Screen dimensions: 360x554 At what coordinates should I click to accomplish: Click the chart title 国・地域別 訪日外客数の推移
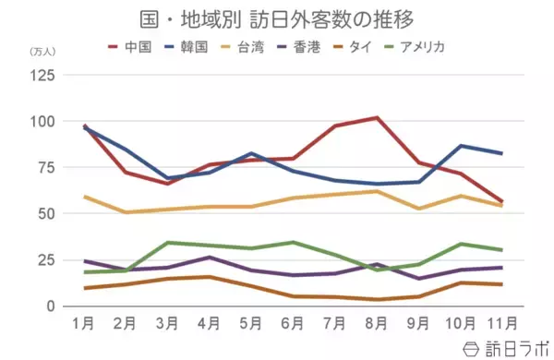click(276, 18)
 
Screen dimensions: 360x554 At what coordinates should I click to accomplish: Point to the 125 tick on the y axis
click(43, 76)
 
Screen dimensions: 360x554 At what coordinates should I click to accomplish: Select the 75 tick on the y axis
click(47, 167)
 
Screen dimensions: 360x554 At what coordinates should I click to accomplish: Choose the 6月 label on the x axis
click(293, 325)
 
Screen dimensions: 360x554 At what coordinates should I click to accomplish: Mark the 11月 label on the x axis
click(500, 325)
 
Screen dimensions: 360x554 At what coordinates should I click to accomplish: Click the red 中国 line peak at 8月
click(376, 118)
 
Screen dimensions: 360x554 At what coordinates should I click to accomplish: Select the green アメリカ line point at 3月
click(168, 243)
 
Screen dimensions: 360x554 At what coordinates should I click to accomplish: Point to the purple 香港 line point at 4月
click(210, 258)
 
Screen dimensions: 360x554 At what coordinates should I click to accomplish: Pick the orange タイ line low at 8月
click(376, 299)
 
